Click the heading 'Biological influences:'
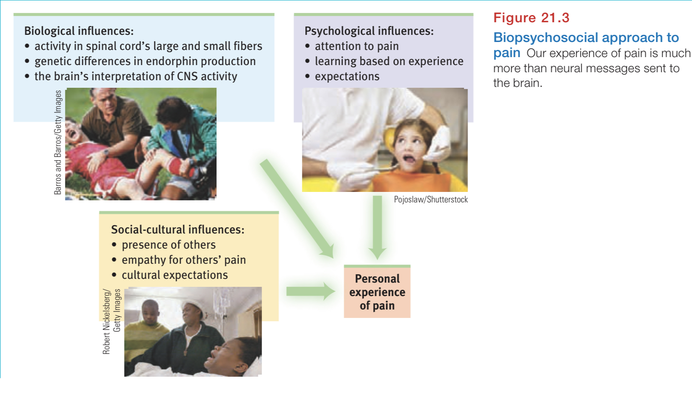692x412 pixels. point(79,31)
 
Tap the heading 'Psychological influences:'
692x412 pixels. point(369,31)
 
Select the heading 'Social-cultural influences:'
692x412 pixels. point(177,230)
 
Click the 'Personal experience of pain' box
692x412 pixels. point(377,292)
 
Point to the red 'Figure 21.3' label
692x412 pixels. point(531,18)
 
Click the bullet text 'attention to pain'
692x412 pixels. point(356,46)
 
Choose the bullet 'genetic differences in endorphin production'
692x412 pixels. point(145,61)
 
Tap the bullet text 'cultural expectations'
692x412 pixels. point(174,275)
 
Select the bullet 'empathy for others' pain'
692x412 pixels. point(184,260)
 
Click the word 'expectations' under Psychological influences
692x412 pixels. point(347,76)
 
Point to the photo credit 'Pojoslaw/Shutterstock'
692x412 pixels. point(431,199)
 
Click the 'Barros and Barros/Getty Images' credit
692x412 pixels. point(58,142)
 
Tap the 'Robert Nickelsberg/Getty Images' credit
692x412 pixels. point(112,321)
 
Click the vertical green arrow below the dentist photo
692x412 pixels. point(377,227)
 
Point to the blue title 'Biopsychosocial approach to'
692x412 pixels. point(586,37)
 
